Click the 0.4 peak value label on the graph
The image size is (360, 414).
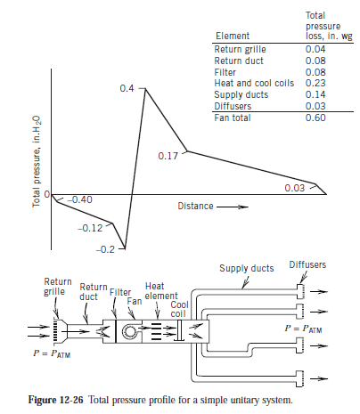tap(126, 89)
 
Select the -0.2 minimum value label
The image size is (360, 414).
tap(106, 250)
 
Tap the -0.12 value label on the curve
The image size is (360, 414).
tap(90, 228)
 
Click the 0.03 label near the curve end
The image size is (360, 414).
tap(295, 188)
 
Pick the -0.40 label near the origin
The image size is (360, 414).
tap(80, 199)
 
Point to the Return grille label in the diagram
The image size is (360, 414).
tap(58, 287)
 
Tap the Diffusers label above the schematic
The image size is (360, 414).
tap(307, 264)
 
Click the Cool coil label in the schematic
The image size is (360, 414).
tap(178, 309)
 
